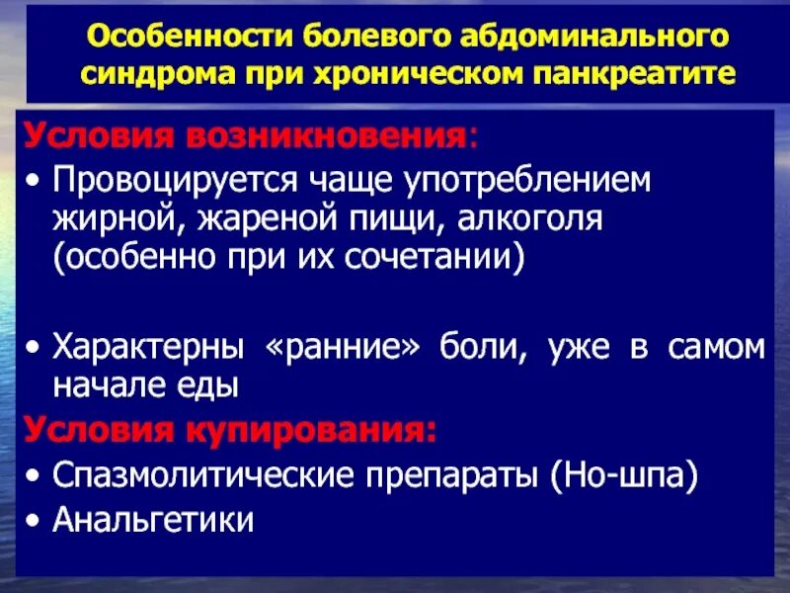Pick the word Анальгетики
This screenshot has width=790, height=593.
153,519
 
